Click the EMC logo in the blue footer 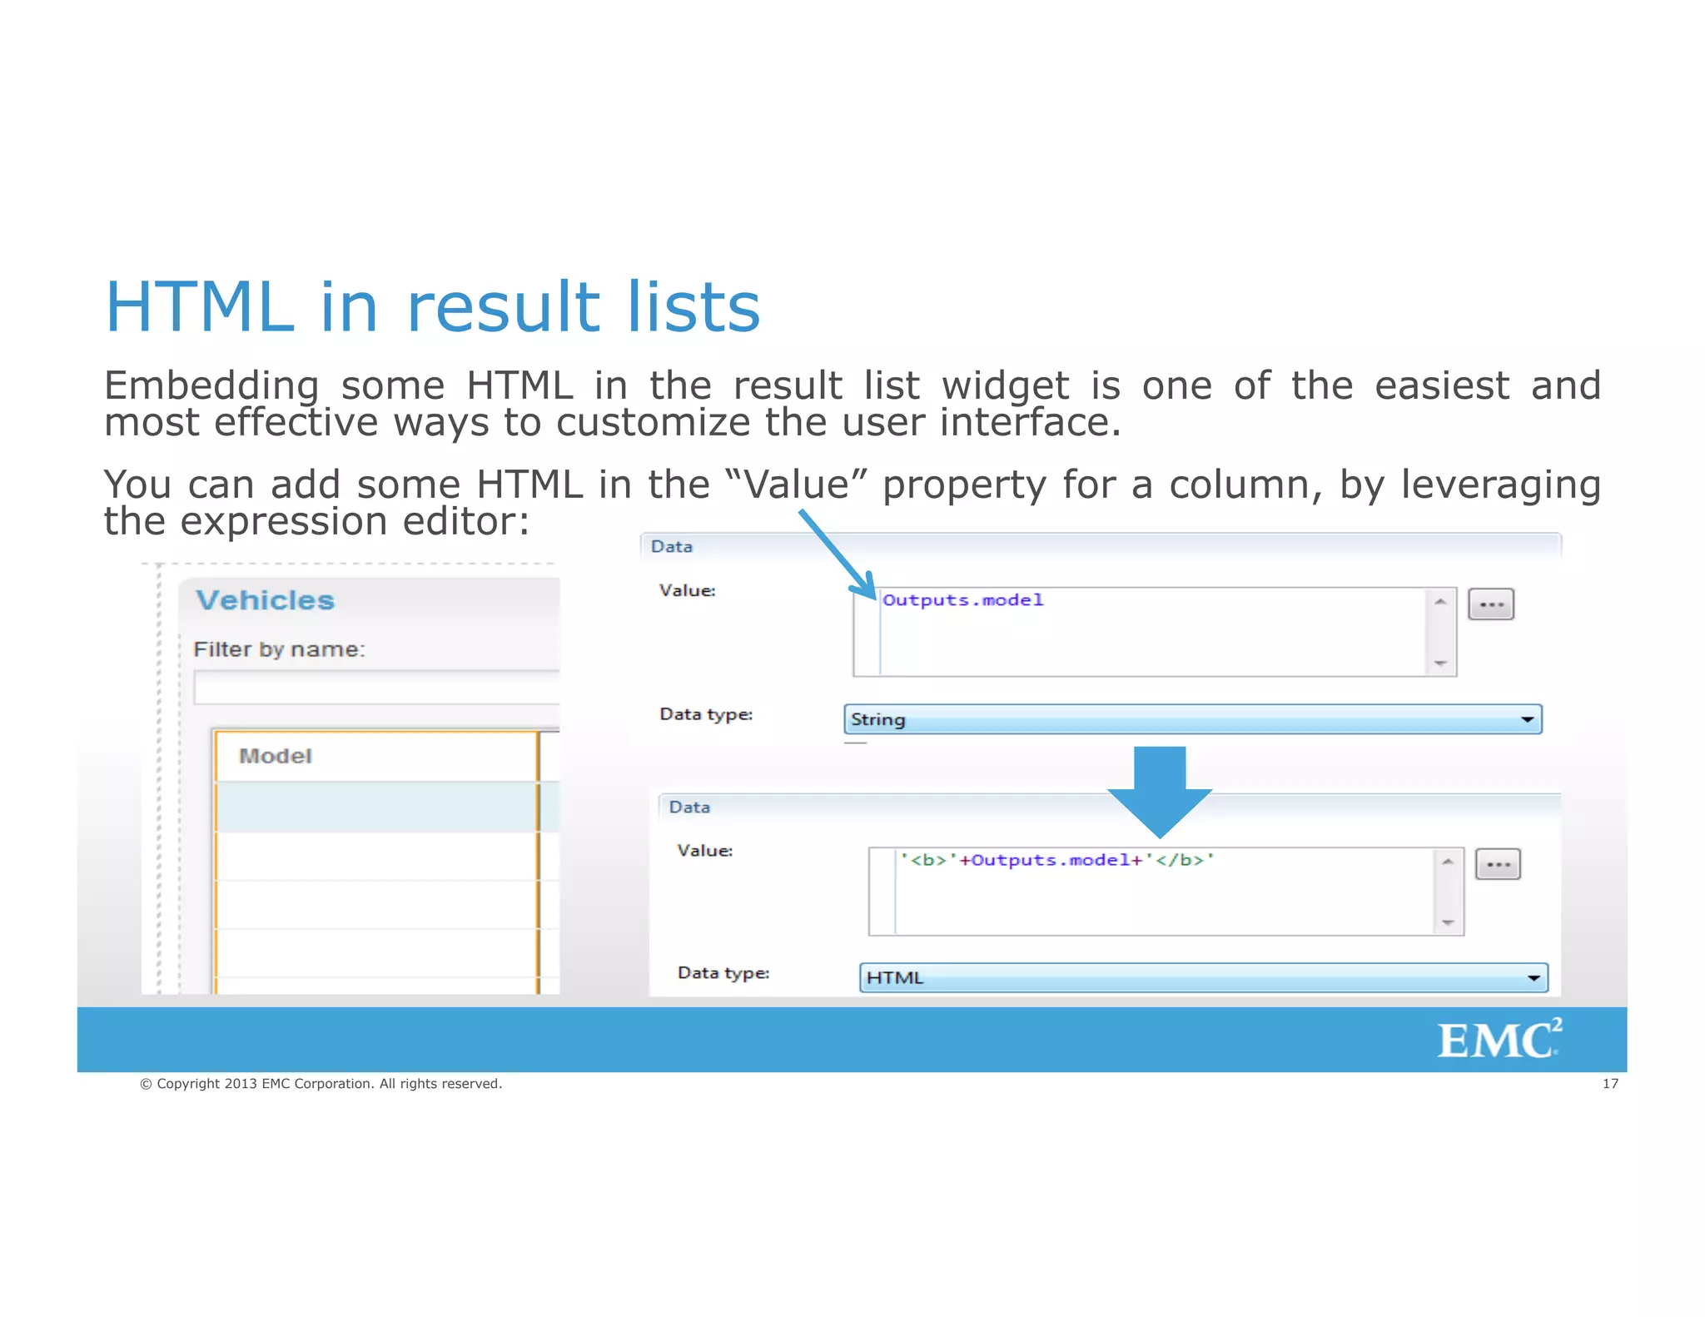click(x=1498, y=1040)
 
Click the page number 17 click(x=1610, y=1084)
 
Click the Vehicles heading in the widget click(x=265, y=600)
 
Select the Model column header click(x=276, y=756)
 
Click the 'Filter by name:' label click(x=279, y=649)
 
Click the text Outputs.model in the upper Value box click(x=962, y=600)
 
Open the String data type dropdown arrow click(x=1527, y=719)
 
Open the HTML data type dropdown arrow click(x=1534, y=978)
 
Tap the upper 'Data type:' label click(x=706, y=714)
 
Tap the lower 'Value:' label click(x=705, y=851)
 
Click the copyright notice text click(x=321, y=1084)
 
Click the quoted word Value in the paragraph click(x=797, y=485)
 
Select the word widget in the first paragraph click(x=1005, y=386)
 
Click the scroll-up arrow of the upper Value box click(x=1440, y=601)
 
